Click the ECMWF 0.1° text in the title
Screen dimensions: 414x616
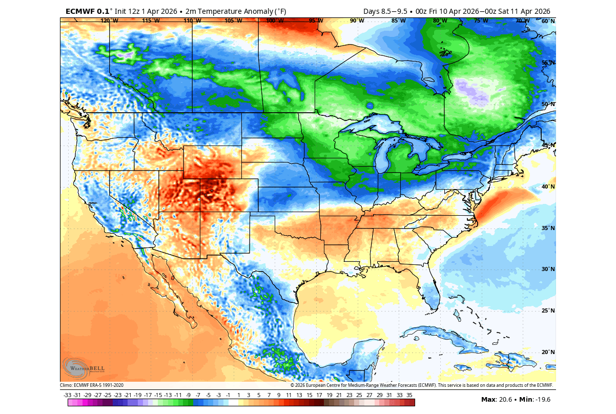point(87,11)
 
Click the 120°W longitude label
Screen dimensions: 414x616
point(109,21)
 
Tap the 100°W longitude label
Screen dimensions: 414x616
point(275,21)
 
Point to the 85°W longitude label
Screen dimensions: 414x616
point(398,21)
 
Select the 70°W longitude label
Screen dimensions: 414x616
point(522,21)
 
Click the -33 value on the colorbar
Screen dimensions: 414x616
point(67,395)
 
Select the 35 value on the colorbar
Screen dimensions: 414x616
point(409,395)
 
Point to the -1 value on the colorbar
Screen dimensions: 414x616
point(228,395)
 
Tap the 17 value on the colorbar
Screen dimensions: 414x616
point(319,395)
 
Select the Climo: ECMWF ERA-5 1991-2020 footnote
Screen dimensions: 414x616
point(92,385)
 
